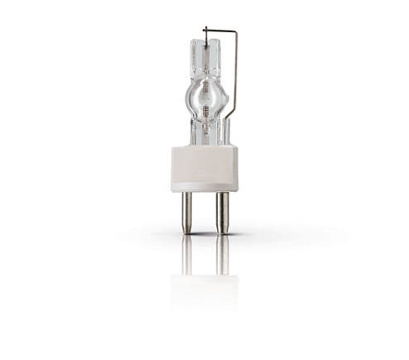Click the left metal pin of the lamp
187,212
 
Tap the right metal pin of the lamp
221,212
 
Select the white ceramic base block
204,168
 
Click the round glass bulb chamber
204,98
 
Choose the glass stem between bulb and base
204,131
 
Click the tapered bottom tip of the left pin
187,231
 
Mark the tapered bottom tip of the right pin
221,231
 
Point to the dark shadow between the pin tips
204,234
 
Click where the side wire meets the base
228,143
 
